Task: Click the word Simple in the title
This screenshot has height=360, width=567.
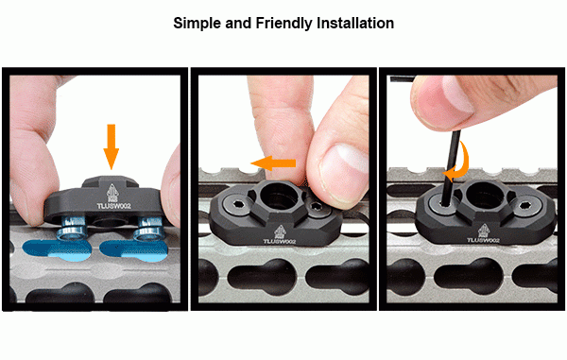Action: pos(198,24)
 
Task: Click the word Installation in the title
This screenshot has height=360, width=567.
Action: pos(355,23)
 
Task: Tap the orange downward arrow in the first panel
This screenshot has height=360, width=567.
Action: pos(111,146)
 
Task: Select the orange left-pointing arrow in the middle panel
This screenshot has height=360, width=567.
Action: pos(273,163)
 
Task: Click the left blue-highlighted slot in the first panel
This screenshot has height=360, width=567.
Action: pos(57,249)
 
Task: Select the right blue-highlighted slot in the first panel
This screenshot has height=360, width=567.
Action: pos(134,250)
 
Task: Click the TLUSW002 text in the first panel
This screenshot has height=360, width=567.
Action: pos(113,206)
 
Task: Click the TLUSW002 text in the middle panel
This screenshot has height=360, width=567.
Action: pos(280,241)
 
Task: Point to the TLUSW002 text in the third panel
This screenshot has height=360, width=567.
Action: pos(483,240)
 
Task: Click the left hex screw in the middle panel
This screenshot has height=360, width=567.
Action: pos(237,205)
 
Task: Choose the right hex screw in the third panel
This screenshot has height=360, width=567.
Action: pos(523,207)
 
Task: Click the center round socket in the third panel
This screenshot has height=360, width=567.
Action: pos(484,196)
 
